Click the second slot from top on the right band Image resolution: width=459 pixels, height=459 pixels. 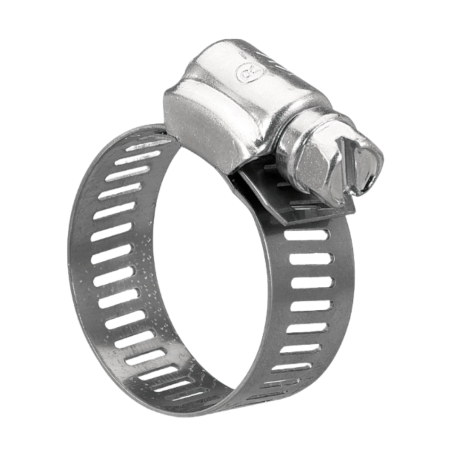pos(311,258)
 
